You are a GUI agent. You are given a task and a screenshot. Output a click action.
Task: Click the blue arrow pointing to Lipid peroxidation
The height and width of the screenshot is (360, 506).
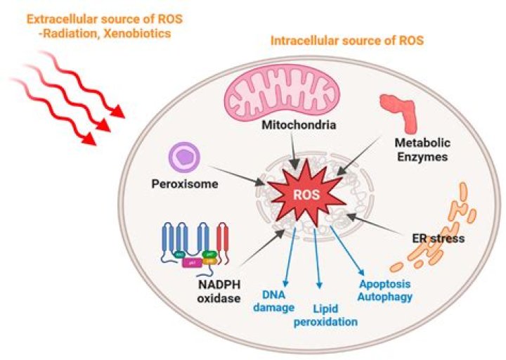pyautogui.click(x=318, y=260)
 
